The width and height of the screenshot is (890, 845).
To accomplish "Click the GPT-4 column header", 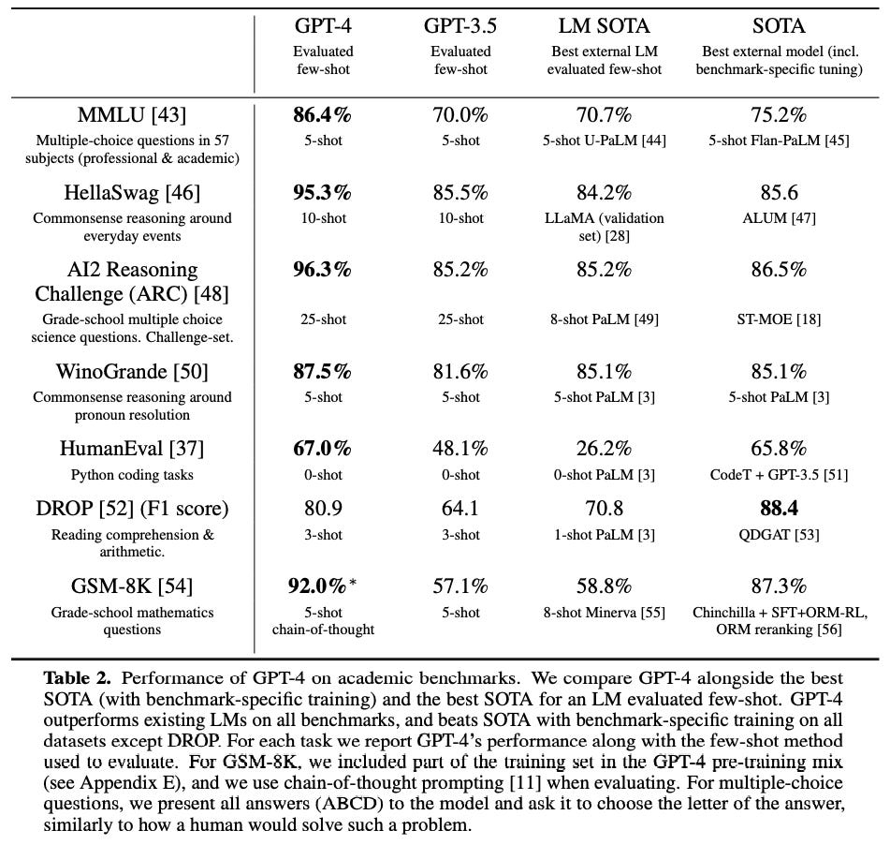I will pyautogui.click(x=323, y=25).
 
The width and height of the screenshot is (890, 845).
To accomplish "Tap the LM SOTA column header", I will pyautogui.click(x=600, y=25).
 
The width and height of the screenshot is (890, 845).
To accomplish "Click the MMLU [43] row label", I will pyautogui.click(x=132, y=115).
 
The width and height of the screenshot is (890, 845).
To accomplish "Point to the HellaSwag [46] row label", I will pyautogui.click(x=132, y=193).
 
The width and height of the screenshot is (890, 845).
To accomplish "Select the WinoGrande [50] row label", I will pyautogui.click(x=132, y=373).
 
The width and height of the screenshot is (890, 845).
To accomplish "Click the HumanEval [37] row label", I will pyautogui.click(x=132, y=451).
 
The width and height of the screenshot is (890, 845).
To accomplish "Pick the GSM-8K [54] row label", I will pyautogui.click(x=132, y=587).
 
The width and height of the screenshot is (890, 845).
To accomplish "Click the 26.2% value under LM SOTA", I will pyautogui.click(x=600, y=451).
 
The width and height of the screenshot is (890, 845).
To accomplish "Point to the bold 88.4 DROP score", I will pyautogui.click(x=779, y=510).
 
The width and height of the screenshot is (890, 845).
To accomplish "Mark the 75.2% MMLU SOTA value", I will pyautogui.click(x=779, y=115).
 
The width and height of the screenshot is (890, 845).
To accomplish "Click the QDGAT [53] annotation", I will pyautogui.click(x=779, y=535).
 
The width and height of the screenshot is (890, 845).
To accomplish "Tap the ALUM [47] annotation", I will pyautogui.click(x=779, y=218).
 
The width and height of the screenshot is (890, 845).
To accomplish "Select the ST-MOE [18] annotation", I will pyautogui.click(x=779, y=319).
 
